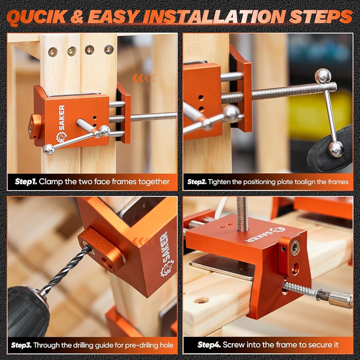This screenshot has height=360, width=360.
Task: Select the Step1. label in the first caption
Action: point(26,181)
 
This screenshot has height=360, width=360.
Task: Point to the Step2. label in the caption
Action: point(197,182)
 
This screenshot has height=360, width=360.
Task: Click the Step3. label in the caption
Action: point(21,345)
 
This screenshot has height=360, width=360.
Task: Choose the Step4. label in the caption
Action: point(209,345)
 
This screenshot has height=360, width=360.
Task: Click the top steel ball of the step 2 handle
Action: point(323,76)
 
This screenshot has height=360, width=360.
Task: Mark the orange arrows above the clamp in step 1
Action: point(144,78)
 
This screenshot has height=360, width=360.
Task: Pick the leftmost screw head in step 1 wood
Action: point(53,52)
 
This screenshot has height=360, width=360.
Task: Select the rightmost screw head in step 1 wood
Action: point(109,49)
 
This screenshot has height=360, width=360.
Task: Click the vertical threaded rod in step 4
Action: point(242,214)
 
